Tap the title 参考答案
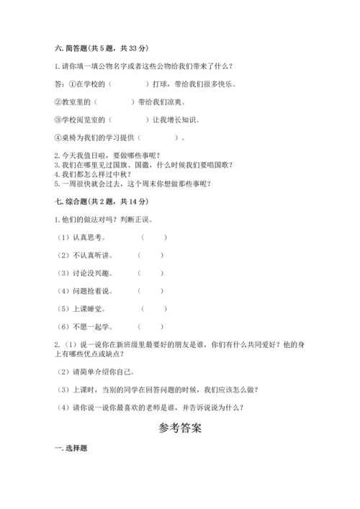pyautogui.click(x=180, y=427)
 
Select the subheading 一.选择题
pyautogui.click(x=71, y=450)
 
